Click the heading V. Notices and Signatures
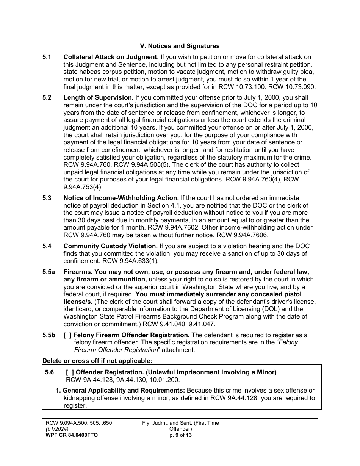(180, 46)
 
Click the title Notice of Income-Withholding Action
(121, 198)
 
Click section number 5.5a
(49, 272)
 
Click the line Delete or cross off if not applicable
(97, 361)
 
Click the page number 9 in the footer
(177, 435)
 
